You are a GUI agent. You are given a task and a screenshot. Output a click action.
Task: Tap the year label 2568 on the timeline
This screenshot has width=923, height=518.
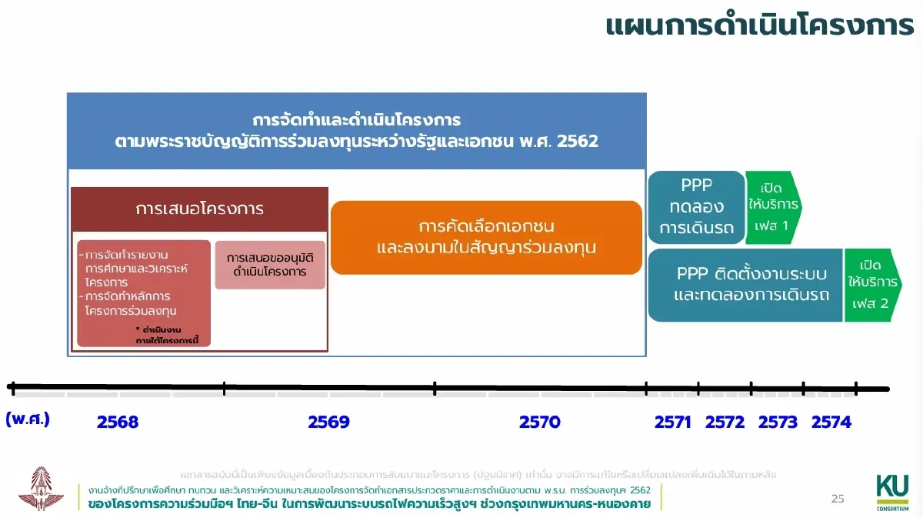coord(118,422)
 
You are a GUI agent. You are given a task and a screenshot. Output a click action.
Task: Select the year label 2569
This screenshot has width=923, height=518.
coord(328,422)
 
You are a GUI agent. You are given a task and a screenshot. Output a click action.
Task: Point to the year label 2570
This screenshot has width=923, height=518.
coord(539,422)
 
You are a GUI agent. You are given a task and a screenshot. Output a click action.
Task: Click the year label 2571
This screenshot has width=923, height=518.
coord(673,422)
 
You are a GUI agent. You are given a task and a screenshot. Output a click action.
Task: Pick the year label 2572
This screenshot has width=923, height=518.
coord(725,422)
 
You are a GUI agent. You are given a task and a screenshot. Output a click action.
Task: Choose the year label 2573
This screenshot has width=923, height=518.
coord(778,422)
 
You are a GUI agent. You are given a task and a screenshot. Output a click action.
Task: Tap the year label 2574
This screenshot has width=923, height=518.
coord(831,422)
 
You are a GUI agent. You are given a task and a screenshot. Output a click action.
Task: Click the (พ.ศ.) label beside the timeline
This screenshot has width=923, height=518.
coord(28,419)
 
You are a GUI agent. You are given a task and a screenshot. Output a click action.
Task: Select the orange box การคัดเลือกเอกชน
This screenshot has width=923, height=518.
coord(486,237)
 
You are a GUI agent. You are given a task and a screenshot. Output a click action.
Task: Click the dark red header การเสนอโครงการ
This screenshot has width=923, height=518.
coord(199,209)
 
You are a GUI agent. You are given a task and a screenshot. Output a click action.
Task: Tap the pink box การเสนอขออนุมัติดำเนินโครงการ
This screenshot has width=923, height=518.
coord(270,264)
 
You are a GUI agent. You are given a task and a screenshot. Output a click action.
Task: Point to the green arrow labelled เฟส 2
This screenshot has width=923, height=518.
coord(871,284)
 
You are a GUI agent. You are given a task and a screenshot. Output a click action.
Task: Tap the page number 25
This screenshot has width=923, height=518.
coord(838,499)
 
